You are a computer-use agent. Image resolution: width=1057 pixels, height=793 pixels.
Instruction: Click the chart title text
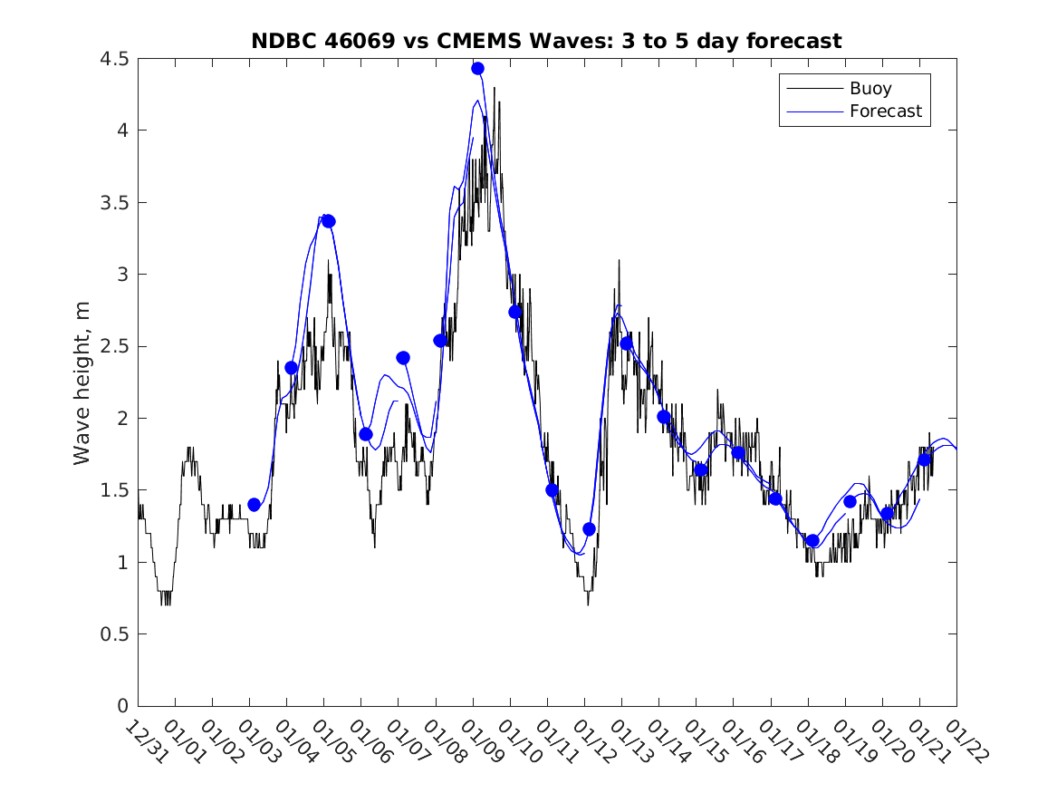point(546,41)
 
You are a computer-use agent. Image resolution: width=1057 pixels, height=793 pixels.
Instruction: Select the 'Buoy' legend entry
point(870,89)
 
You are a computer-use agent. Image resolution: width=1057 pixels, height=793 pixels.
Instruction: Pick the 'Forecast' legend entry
point(885,111)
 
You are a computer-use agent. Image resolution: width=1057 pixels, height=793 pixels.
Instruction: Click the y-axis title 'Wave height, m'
point(82,382)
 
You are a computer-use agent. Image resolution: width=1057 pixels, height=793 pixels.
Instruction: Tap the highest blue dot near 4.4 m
point(477,69)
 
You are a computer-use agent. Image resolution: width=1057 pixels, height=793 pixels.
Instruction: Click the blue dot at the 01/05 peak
point(329,221)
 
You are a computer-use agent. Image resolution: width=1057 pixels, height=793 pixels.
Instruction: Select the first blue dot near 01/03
point(254,505)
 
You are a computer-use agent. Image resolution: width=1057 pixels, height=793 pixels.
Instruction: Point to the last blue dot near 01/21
point(924,459)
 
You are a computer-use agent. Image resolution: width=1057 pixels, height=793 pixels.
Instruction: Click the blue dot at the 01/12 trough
point(589,529)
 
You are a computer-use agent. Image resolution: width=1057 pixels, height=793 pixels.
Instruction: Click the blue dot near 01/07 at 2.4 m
point(403,358)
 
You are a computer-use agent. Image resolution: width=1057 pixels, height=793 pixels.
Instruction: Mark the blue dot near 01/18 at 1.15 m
point(812,541)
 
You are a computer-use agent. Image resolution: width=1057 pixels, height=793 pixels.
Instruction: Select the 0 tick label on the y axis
point(122,706)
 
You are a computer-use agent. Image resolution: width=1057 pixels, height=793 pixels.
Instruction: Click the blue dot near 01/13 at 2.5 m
point(626,343)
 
